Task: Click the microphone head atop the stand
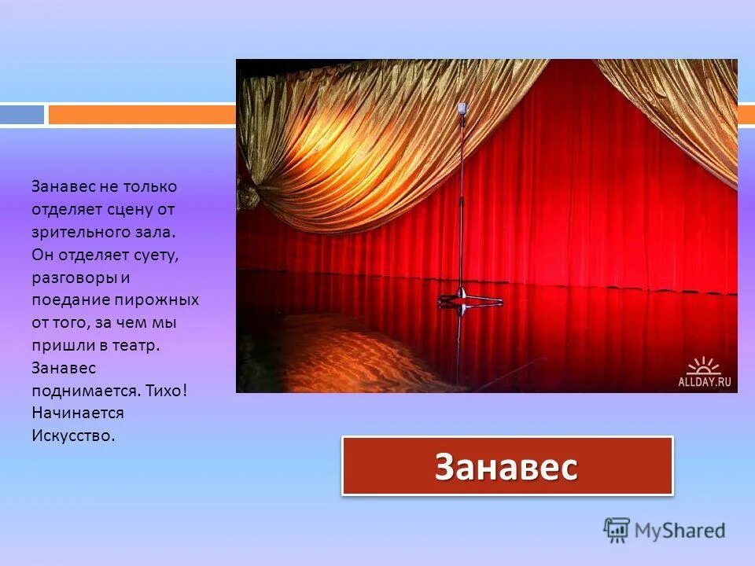[x=462, y=109]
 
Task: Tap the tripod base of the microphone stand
[x=470, y=299]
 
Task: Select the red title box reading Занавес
[x=507, y=466]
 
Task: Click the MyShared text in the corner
[x=679, y=531]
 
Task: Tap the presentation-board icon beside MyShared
[x=617, y=530]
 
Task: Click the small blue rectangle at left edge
[x=22, y=115]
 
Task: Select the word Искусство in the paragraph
[x=74, y=436]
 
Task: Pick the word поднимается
[x=79, y=391]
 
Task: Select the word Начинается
[x=78, y=413]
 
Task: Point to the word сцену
[x=139, y=209]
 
